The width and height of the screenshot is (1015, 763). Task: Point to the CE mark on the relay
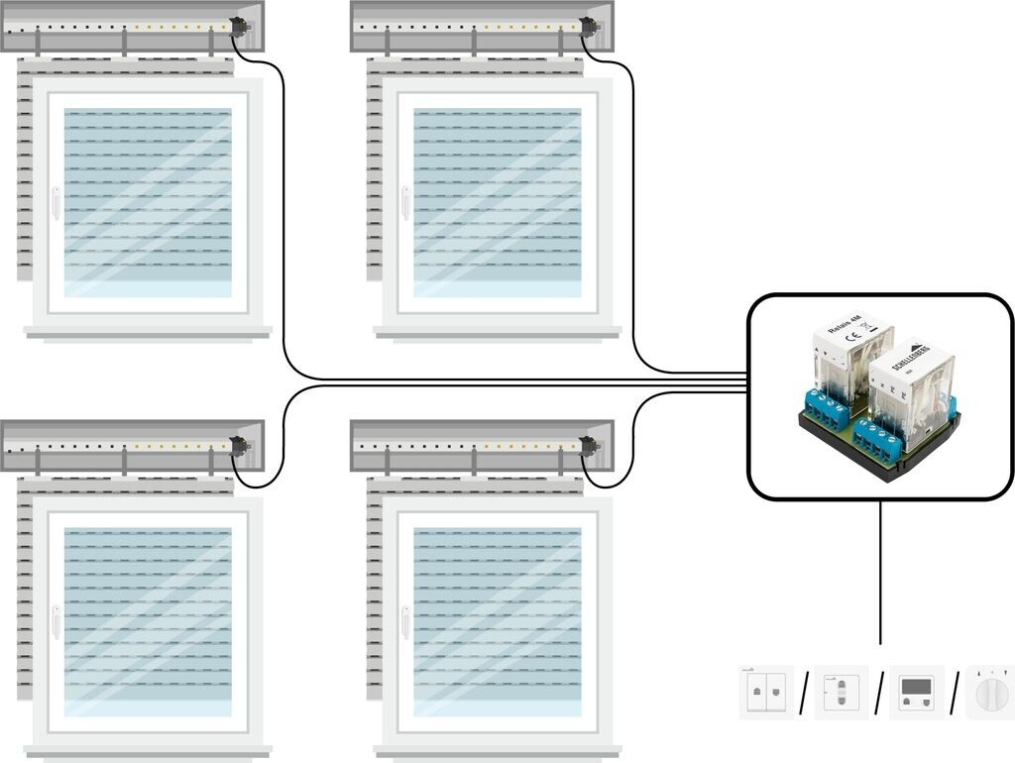[851, 336]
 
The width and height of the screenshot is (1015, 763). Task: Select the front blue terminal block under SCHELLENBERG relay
[881, 439]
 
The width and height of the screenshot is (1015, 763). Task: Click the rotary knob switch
[989, 690]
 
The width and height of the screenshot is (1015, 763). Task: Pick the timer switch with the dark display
[915, 691]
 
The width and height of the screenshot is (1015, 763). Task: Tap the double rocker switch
[765, 692]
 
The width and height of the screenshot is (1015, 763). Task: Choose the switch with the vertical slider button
[841, 692]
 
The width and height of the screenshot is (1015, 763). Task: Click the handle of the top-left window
[56, 202]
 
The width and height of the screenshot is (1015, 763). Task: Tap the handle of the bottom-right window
[405, 622]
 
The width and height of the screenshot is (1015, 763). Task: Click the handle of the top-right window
[405, 202]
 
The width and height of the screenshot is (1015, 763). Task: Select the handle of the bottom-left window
[56, 622]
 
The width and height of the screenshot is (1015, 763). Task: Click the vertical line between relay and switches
[880, 575]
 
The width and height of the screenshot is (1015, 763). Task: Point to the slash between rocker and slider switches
[803, 692]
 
